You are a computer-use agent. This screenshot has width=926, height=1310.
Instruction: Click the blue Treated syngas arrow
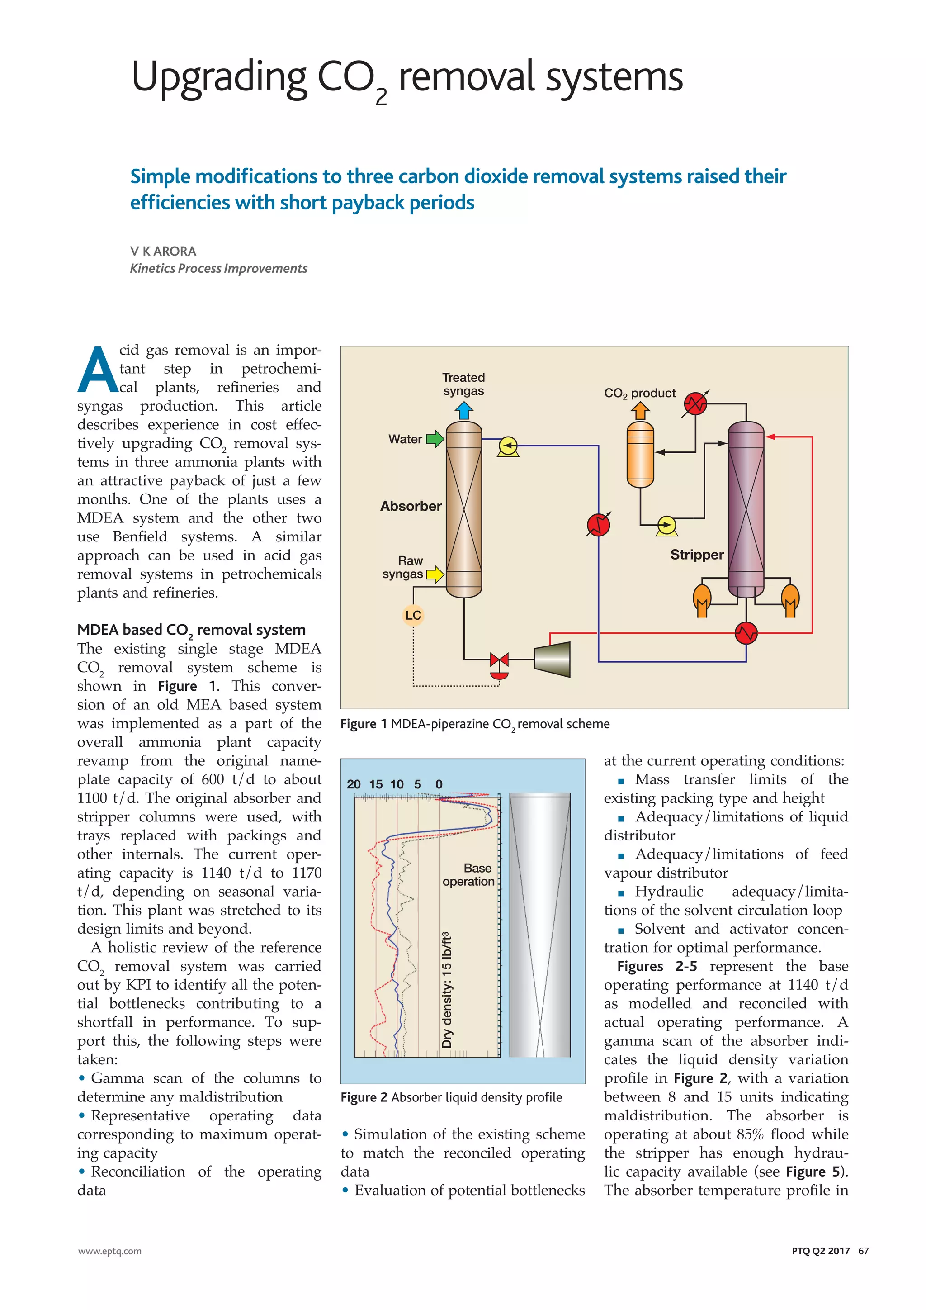click(464, 411)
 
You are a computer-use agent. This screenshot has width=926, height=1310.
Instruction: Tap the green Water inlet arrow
click(435, 439)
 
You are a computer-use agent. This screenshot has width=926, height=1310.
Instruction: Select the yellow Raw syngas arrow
click(435, 574)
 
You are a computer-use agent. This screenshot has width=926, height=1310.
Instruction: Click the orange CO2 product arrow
click(640, 410)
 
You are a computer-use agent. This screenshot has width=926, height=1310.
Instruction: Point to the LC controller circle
click(413, 615)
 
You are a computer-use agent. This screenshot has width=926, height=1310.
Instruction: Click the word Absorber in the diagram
click(411, 506)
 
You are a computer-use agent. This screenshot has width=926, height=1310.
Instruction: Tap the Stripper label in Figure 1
click(697, 555)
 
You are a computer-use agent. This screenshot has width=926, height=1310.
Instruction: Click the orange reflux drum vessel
click(640, 455)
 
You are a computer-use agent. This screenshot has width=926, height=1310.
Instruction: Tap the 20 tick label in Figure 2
click(354, 784)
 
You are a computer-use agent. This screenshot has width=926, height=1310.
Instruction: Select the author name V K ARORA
click(163, 251)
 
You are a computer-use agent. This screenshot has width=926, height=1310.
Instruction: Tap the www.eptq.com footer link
click(109, 1251)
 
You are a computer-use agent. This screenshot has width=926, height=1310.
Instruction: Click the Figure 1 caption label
click(363, 724)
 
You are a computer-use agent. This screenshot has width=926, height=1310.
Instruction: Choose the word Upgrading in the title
click(219, 78)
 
